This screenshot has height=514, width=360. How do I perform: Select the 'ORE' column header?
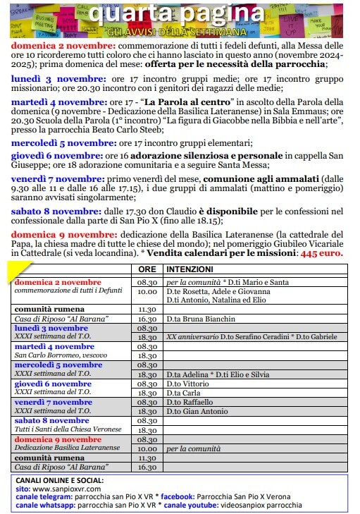[147, 269]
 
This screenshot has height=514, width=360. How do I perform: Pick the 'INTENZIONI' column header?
[191, 269]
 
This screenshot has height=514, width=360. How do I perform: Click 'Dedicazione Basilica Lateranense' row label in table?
[68, 448]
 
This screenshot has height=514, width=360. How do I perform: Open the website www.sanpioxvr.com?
[68, 488]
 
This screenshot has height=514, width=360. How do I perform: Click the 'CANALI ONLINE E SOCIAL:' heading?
[58, 479]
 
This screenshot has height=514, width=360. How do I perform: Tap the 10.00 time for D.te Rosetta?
[147, 290]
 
